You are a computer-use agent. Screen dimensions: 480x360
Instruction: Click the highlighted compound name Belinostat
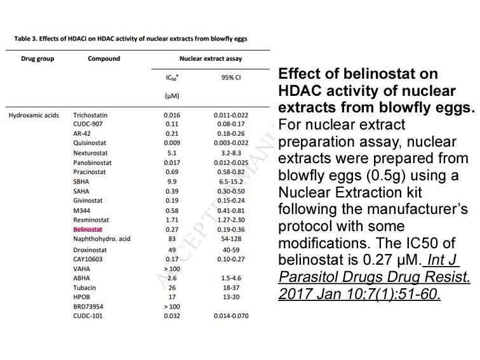[x=88, y=229]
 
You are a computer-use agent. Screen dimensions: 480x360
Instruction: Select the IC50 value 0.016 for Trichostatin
[x=171, y=115]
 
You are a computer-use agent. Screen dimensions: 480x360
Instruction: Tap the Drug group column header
[x=37, y=58]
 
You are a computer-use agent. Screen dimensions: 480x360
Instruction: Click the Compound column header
[x=103, y=58]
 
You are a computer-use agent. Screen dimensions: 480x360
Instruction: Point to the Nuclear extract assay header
[x=211, y=58]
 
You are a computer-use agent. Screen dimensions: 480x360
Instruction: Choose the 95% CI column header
[x=231, y=77]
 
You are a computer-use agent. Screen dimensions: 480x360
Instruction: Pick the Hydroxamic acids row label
[x=34, y=115]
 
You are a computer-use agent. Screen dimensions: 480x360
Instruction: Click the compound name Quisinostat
[x=90, y=143]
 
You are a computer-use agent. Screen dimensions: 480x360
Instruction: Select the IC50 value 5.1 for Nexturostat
[x=171, y=153]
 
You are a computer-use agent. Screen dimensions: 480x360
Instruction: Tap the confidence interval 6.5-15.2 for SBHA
[x=231, y=182]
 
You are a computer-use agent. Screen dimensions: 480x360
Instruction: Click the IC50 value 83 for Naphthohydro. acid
[x=171, y=239]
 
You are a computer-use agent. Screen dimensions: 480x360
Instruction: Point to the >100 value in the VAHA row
[x=171, y=269]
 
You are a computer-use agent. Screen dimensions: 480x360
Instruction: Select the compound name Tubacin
[x=84, y=288]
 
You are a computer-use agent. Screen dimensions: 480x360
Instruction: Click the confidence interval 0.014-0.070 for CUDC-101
[x=231, y=316]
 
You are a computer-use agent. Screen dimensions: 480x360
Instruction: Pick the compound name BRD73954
[x=88, y=307]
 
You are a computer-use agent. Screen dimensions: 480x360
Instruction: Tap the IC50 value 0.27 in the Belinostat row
[x=171, y=229]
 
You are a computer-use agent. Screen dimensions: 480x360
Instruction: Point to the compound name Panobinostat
[x=92, y=163]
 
